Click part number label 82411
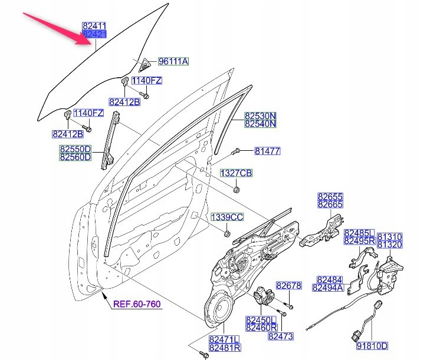(95, 27)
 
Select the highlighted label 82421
(95, 35)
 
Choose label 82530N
(261, 115)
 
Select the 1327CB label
(236, 173)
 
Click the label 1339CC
(227, 217)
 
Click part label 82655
(330, 196)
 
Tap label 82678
(289, 286)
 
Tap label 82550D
(75, 149)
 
